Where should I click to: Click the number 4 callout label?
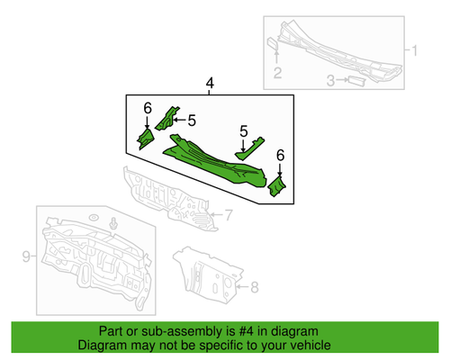click(x=210, y=85)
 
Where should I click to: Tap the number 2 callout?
click(x=278, y=73)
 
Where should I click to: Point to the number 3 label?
click(x=330, y=82)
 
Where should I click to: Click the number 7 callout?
click(x=228, y=214)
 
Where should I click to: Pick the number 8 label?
click(x=253, y=287)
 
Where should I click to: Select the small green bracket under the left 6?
click(x=144, y=138)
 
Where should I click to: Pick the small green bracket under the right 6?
click(x=278, y=186)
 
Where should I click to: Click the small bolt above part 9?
click(x=114, y=223)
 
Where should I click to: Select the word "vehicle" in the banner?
click(x=308, y=346)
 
